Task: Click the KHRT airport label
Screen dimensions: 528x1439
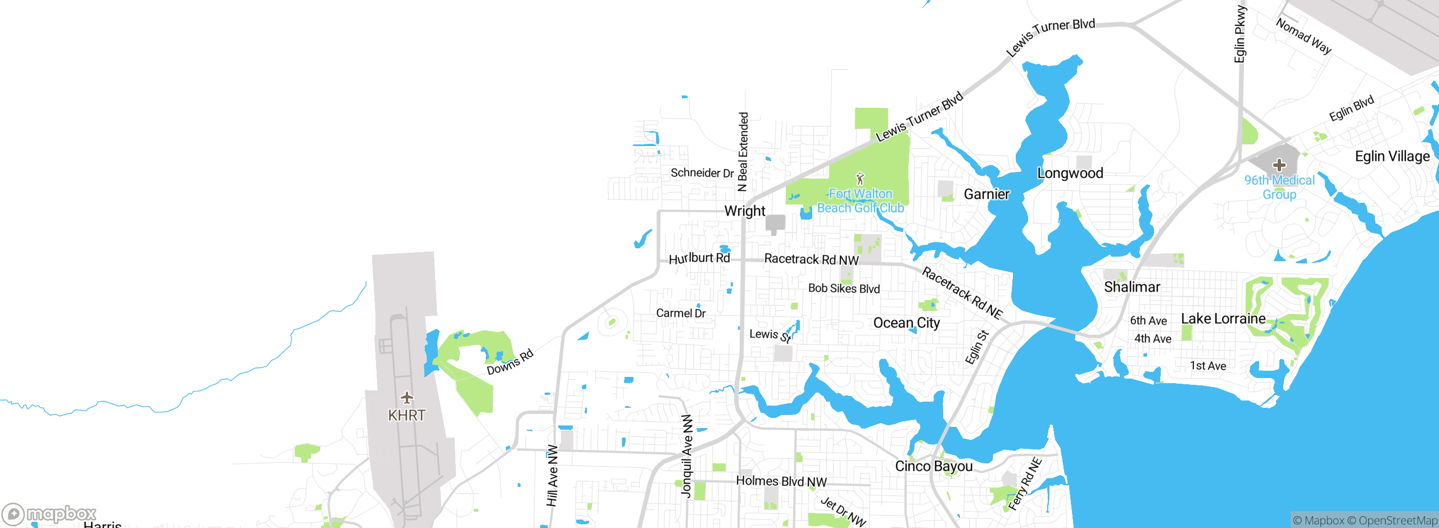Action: click(406, 416)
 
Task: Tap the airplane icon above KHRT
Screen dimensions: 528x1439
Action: click(407, 398)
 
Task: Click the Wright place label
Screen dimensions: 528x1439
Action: click(744, 211)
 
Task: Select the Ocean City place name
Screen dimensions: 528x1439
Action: click(906, 323)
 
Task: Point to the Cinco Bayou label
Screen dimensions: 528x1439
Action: click(933, 466)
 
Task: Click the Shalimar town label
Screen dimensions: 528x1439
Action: click(1132, 287)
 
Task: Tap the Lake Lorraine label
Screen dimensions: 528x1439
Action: click(1223, 318)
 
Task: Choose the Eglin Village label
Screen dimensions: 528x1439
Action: click(1392, 156)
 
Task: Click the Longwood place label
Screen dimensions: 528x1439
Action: click(1070, 173)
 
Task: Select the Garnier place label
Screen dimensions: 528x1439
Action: click(987, 194)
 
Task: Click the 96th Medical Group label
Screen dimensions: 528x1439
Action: click(1279, 187)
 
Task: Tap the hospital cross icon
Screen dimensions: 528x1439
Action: click(1279, 165)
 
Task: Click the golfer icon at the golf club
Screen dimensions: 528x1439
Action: click(859, 179)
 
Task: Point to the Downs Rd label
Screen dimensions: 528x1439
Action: click(510, 362)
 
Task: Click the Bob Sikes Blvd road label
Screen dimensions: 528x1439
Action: click(844, 289)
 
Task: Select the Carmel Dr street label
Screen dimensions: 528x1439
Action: click(681, 313)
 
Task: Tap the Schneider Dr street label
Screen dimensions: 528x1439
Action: click(702, 173)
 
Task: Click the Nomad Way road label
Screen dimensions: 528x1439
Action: click(1304, 37)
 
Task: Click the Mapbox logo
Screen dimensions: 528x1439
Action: click(49, 514)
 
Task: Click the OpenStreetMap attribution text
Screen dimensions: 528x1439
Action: click(1397, 521)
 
